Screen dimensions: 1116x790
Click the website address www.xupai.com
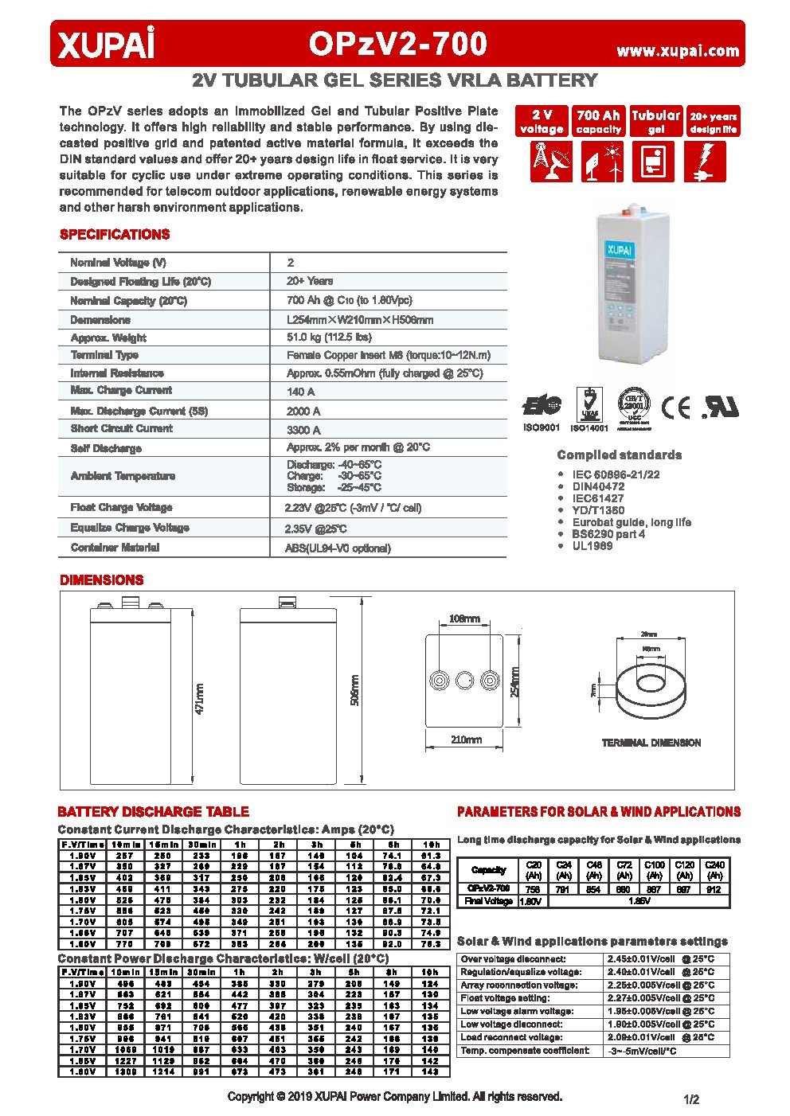point(678,51)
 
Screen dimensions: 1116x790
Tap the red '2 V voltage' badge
point(542,121)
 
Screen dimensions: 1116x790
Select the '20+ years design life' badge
point(714,121)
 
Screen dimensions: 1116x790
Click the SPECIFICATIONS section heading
point(115,235)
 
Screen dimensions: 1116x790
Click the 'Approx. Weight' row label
point(108,338)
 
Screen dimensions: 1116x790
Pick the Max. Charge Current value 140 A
point(300,392)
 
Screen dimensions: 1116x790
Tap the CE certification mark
point(677,408)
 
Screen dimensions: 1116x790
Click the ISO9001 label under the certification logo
point(542,427)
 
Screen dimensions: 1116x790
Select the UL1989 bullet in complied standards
point(592,546)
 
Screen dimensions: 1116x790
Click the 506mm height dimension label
point(355,689)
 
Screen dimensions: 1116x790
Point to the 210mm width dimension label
point(466,739)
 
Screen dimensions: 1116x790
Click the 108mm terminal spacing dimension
point(464,618)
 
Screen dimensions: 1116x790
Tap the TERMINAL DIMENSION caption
point(651,743)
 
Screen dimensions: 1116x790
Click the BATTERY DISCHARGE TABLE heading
point(153,812)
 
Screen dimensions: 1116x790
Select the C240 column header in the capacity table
point(716,869)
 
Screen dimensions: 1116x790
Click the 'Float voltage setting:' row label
point(505,998)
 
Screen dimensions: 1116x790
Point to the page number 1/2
point(690,1099)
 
